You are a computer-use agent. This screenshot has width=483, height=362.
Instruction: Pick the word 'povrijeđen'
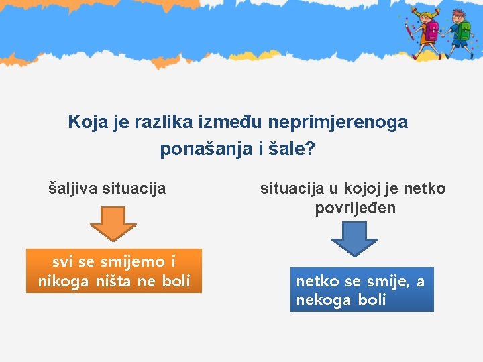click(x=356, y=208)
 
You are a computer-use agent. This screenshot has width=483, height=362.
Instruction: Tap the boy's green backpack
click(x=464, y=30)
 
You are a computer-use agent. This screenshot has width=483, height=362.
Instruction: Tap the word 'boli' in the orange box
click(x=176, y=281)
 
